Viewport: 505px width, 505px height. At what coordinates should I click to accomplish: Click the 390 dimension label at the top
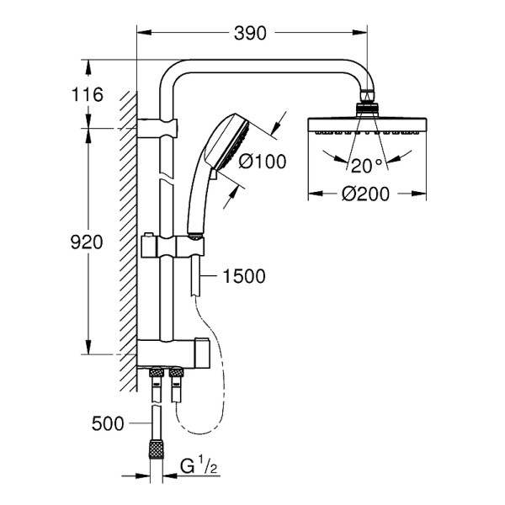pyautogui.click(x=251, y=33)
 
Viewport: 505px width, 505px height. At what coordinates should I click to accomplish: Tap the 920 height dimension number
pyautogui.click(x=87, y=242)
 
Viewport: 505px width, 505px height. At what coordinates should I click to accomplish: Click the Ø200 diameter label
pyautogui.click(x=364, y=194)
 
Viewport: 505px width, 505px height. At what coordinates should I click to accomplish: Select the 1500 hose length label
pyautogui.click(x=245, y=276)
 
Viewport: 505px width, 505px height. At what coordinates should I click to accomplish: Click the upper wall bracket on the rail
pyautogui.click(x=160, y=128)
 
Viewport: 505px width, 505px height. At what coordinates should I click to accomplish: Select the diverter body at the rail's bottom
pyautogui.click(x=173, y=352)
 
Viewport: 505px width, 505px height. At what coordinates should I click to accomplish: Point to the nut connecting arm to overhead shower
pyautogui.click(x=367, y=106)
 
